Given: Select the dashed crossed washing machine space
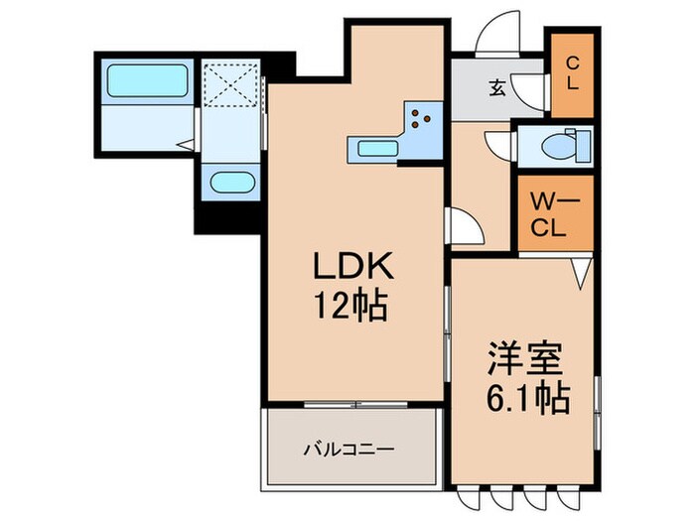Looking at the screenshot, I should pyautogui.click(x=230, y=83).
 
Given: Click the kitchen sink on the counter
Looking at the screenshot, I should pyautogui.click(x=372, y=149).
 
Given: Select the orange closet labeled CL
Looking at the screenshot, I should pyautogui.click(x=572, y=74).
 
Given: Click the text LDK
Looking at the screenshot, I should pyautogui.click(x=342, y=266).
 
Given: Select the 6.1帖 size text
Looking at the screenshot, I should pyautogui.click(x=525, y=399).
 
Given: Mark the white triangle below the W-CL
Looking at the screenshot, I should pyautogui.click(x=582, y=267).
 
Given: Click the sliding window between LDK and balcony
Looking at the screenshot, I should pyautogui.click(x=352, y=404).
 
